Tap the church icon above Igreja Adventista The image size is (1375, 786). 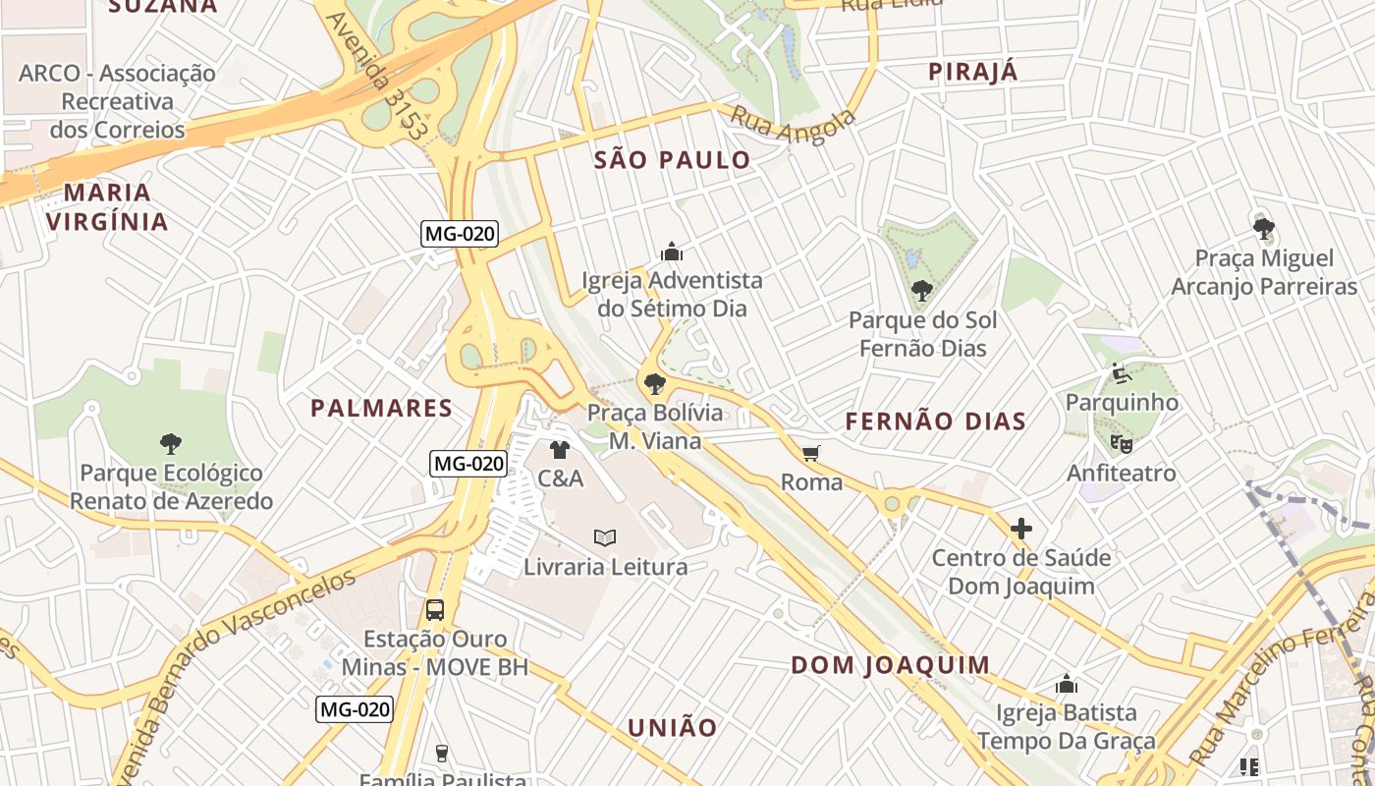tap(672, 252)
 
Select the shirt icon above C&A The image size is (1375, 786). tap(560, 450)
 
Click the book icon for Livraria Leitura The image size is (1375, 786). tap(605, 537)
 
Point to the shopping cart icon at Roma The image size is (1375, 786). tap(810, 453)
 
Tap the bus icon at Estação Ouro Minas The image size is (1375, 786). tap(435, 609)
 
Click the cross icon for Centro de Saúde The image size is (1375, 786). tap(1021, 529)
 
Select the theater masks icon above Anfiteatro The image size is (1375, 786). tap(1121, 444)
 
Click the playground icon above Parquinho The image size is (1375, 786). tap(1121, 373)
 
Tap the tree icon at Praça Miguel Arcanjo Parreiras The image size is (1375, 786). tap(1263, 229)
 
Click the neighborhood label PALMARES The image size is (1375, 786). tap(381, 409)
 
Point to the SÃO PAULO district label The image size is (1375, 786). tap(673, 160)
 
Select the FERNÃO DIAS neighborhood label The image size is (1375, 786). tap(936, 421)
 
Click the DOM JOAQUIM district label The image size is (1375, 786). tap(891, 665)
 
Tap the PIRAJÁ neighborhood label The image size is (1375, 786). tap(973, 72)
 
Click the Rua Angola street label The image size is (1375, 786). tap(794, 126)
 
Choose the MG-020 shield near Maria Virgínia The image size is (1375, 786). tap(460, 234)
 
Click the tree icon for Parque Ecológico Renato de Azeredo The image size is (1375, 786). tap(171, 444)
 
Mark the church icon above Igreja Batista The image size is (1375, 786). tap(1067, 684)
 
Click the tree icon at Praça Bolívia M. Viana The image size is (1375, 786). tap(654, 384)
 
